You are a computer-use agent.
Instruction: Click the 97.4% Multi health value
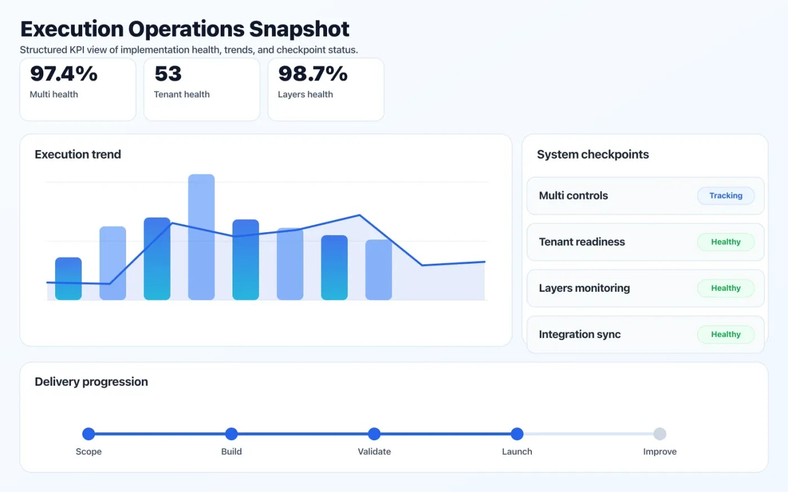point(64,74)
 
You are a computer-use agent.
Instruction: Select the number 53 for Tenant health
point(168,74)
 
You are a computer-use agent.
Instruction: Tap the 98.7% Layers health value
point(313,74)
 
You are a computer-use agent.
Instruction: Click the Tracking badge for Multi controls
point(726,196)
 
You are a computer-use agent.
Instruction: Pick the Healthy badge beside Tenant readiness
point(726,242)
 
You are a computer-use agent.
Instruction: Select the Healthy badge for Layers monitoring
point(726,288)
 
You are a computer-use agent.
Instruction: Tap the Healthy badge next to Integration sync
point(726,334)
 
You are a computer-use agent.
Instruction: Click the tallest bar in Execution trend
point(201,236)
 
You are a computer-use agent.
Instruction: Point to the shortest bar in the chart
point(68,278)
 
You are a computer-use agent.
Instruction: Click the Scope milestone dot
point(88,434)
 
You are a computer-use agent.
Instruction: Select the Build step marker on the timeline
point(231,434)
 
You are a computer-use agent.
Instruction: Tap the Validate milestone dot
point(374,434)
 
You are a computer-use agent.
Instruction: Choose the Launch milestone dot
point(517,434)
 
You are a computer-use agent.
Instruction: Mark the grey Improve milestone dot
point(660,434)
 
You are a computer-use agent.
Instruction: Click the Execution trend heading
point(78,155)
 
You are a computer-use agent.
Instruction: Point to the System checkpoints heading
point(593,155)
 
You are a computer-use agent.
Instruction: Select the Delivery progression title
point(91,382)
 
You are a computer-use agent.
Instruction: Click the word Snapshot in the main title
point(299,29)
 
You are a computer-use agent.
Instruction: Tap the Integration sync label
point(579,335)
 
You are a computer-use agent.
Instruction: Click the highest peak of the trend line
point(360,215)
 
